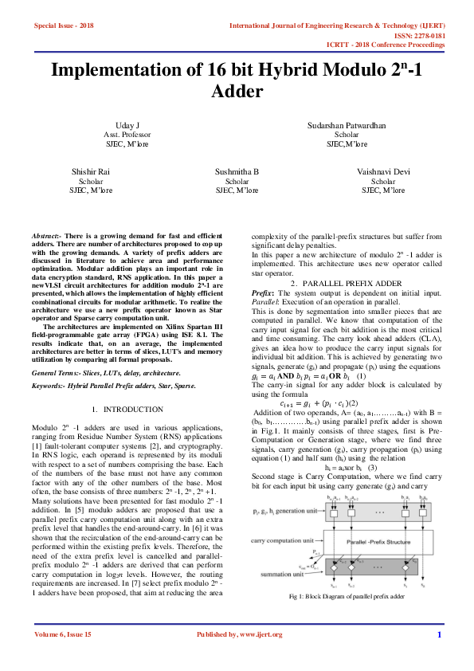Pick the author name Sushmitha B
pos(237,172)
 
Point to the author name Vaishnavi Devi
pos(383,172)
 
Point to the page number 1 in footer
pos(439,657)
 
